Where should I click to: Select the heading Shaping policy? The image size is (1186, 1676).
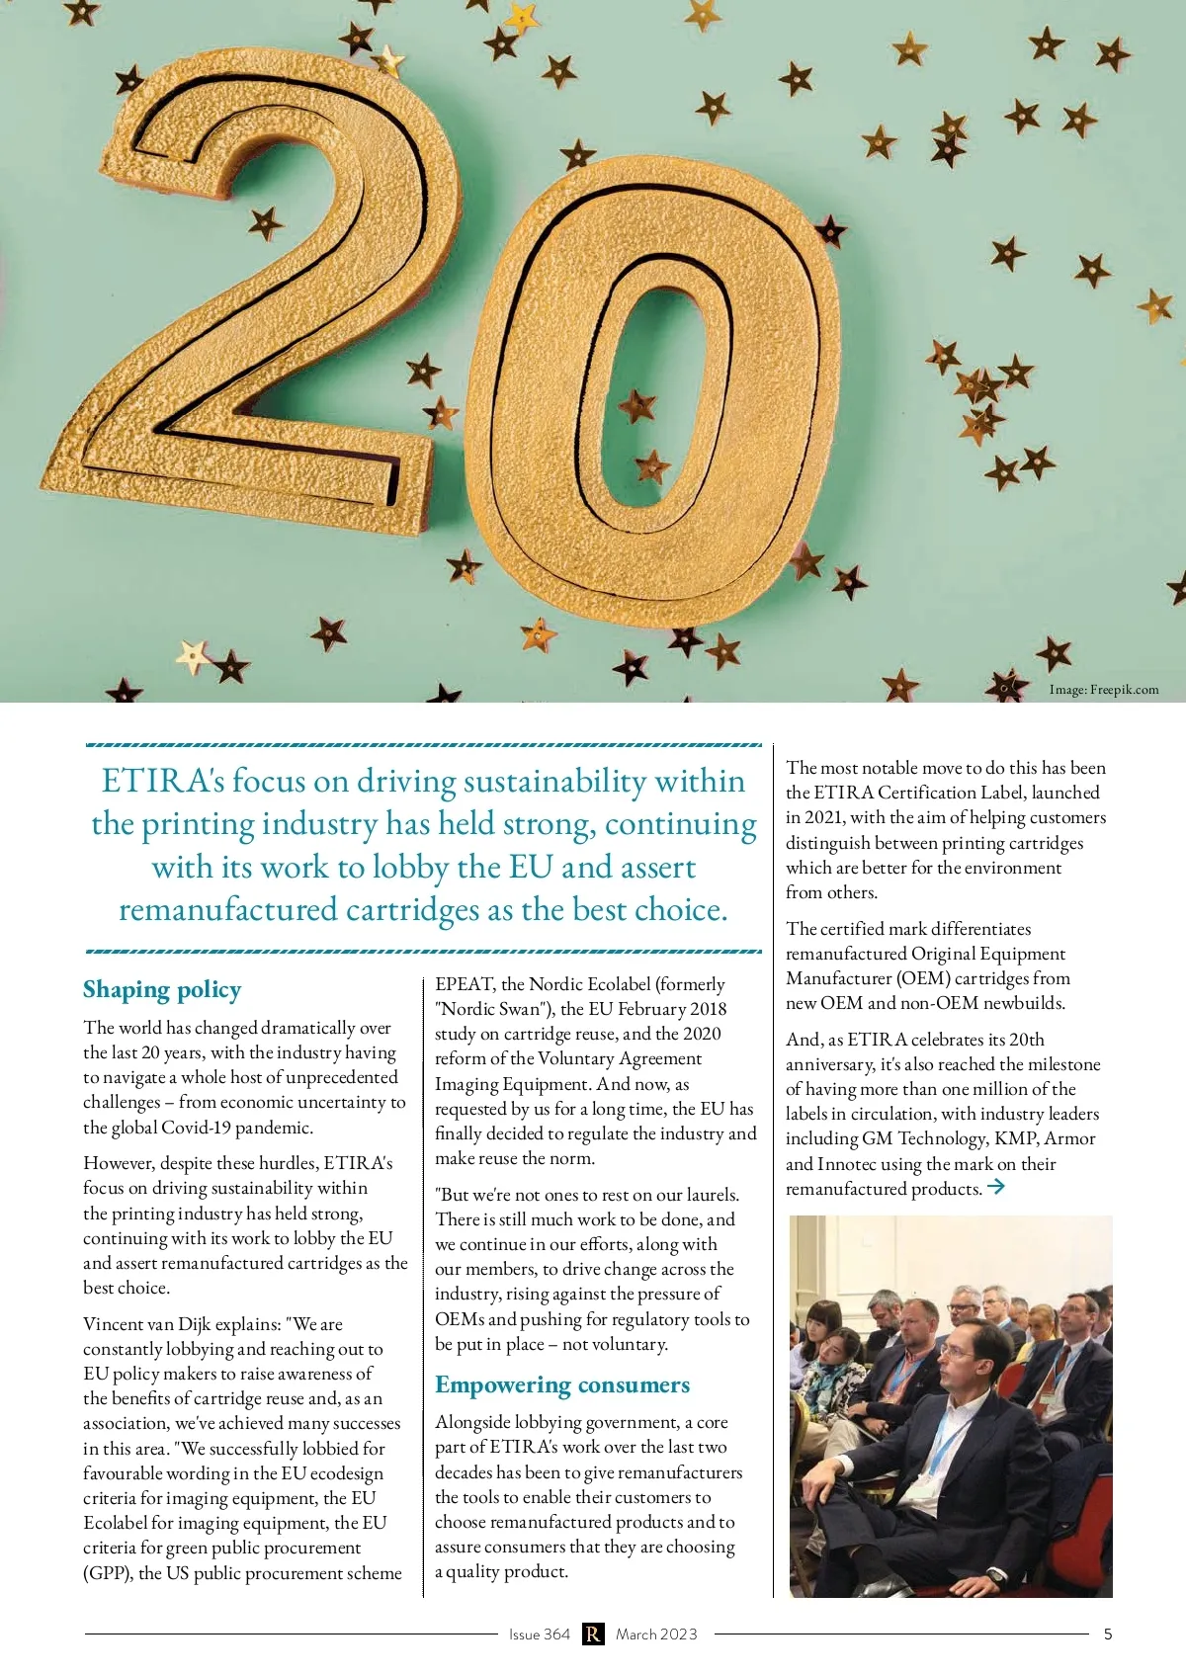[x=162, y=989]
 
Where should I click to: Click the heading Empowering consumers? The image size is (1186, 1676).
[x=562, y=1384]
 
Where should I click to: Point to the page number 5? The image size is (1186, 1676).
[x=1108, y=1634]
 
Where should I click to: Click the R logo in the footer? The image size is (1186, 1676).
[x=593, y=1634]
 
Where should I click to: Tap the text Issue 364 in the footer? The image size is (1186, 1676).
[x=540, y=1634]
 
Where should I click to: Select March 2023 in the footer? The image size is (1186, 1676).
[x=656, y=1634]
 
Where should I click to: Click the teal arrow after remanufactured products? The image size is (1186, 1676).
[x=996, y=1187]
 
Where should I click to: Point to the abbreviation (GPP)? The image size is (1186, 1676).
[x=108, y=1573]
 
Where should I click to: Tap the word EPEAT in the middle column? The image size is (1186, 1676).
[x=465, y=984]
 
